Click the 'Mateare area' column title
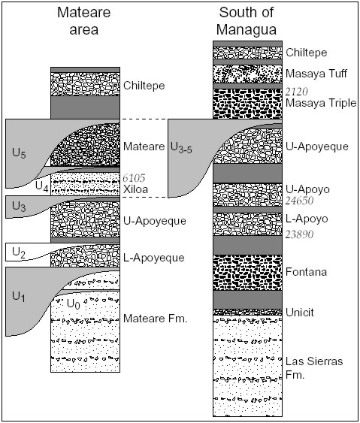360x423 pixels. click(84, 21)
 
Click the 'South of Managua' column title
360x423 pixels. click(247, 21)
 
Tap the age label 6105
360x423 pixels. click(134, 178)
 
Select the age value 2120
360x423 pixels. click(297, 92)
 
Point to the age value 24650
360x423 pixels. click(300, 201)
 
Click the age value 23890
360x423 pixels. click(300, 234)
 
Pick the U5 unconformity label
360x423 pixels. click(19, 153)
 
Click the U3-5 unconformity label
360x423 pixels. click(181, 147)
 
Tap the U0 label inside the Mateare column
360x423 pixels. click(74, 304)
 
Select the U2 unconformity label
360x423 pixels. click(19, 252)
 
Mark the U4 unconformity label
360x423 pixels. click(42, 186)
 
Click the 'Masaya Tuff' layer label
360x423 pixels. click(316, 74)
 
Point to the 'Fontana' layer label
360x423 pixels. click(306, 272)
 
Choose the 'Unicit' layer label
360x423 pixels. click(300, 313)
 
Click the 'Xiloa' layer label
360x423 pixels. click(135, 189)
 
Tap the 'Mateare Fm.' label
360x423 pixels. click(155, 319)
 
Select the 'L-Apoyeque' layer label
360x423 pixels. click(154, 258)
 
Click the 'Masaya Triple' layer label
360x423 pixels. click(321, 103)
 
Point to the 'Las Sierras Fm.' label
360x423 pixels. click(314, 368)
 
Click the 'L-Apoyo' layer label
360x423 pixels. click(307, 219)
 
